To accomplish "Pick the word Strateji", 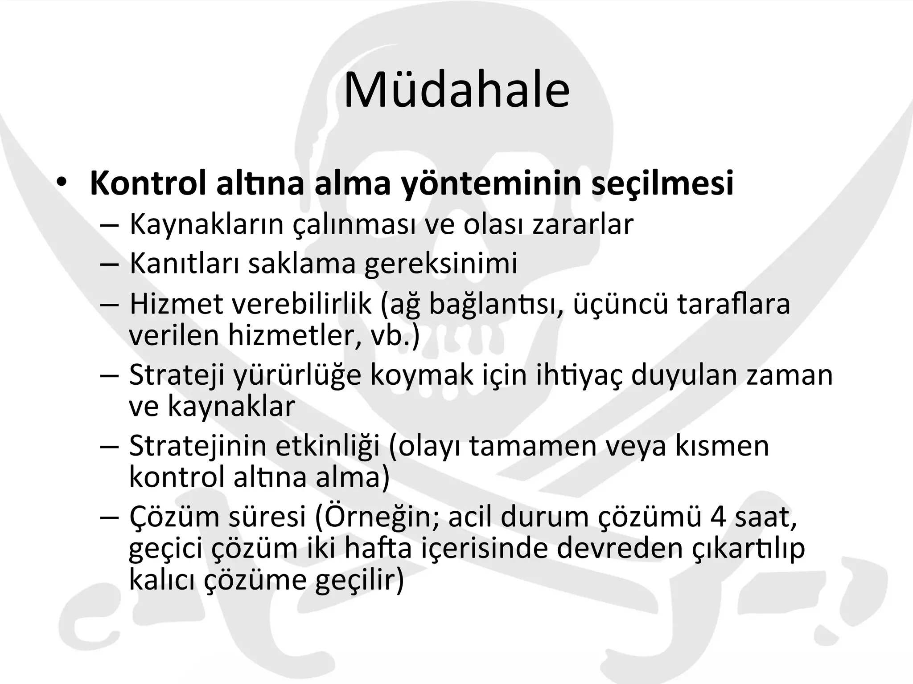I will coord(177,375).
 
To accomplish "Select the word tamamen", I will coord(533,446).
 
